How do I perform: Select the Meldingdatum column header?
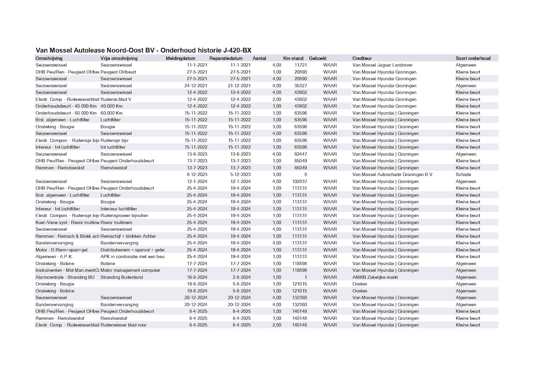[x=180, y=58]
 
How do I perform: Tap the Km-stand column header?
[x=293, y=58]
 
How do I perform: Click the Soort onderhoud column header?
[x=473, y=58]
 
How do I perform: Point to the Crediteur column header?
[x=361, y=58]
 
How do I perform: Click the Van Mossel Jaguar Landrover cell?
[x=382, y=65]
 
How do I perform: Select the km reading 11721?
[x=301, y=65]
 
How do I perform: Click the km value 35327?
[x=301, y=86]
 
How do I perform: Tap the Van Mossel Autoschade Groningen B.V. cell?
[x=392, y=174]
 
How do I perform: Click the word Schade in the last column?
[x=463, y=174]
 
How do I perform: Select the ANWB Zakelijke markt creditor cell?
[x=375, y=277]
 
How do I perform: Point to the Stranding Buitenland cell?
[x=122, y=277]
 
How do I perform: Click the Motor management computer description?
[x=130, y=270]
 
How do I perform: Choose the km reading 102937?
[x=299, y=181]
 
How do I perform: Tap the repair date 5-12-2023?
[x=240, y=174]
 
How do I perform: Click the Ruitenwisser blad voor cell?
[x=123, y=325]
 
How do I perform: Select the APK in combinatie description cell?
[x=132, y=256]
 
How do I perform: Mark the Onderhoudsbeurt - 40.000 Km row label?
[x=66, y=106]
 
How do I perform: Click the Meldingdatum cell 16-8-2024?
[x=197, y=277]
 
